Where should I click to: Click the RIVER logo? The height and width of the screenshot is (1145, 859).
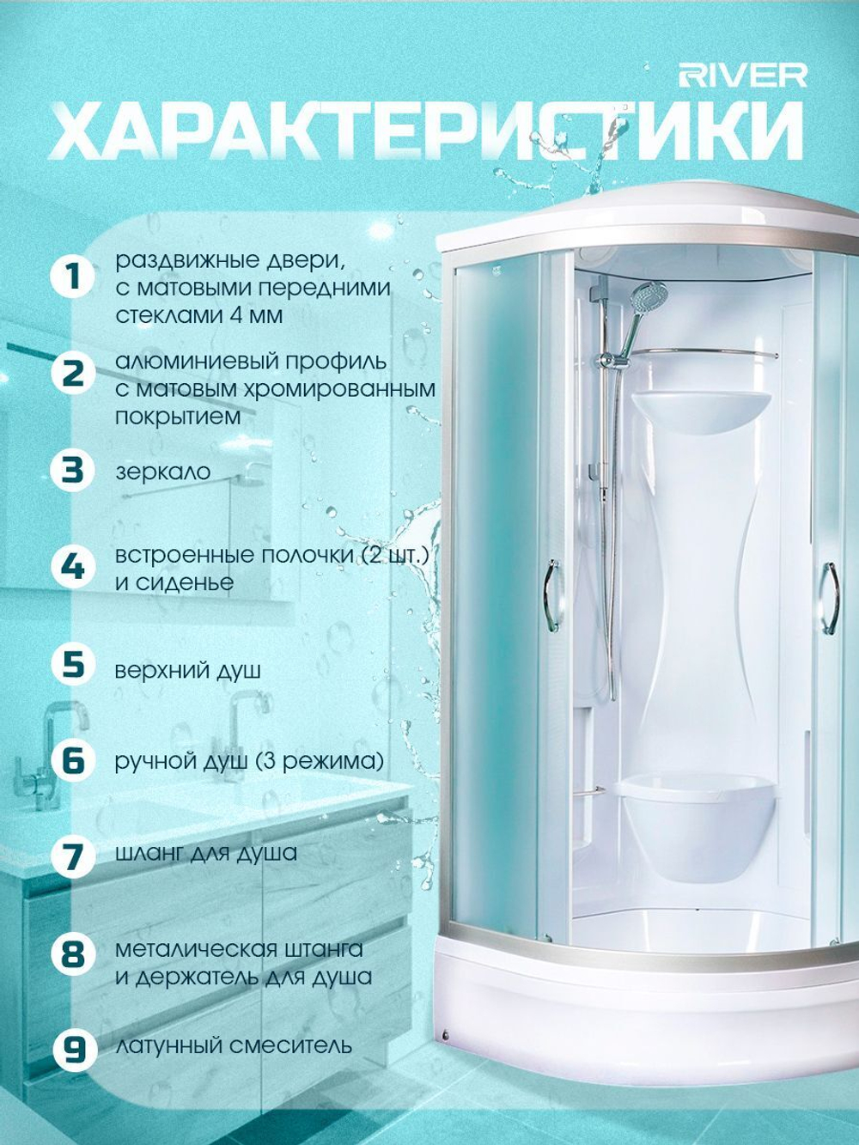[743, 76]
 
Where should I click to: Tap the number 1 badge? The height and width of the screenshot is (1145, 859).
[72, 277]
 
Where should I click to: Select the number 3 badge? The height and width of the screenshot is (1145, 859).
[72, 470]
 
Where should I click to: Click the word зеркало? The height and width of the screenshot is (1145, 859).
[162, 472]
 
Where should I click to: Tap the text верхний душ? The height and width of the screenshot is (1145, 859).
[188, 670]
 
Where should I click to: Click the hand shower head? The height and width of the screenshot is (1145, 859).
[647, 296]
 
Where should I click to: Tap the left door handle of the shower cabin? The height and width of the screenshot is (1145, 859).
[553, 596]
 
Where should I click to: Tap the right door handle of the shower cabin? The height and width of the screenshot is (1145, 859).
[832, 598]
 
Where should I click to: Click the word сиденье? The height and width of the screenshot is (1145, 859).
[174, 582]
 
